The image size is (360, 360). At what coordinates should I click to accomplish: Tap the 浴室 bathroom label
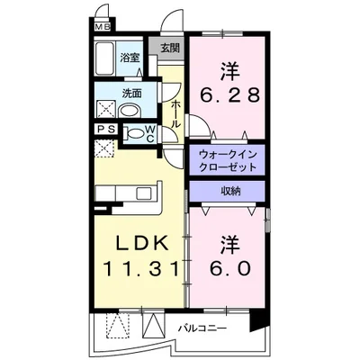coord(131,58)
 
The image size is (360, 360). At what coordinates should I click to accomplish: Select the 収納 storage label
coord(227,191)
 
